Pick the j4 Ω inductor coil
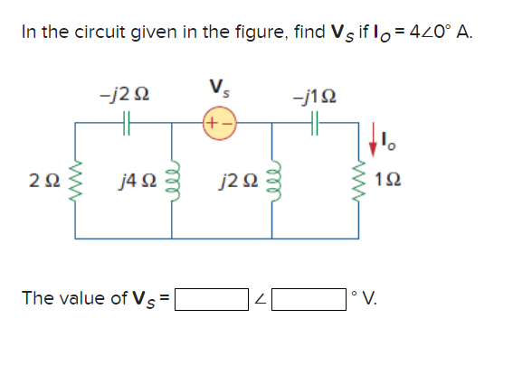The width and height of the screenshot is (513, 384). point(171,185)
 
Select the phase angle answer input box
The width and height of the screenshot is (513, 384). point(314,299)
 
